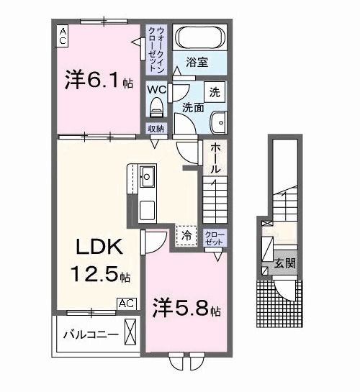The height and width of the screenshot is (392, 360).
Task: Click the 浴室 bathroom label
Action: click(x=197, y=63)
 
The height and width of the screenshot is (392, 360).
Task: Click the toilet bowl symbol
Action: click(x=156, y=106)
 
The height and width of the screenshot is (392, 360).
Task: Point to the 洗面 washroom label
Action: click(x=192, y=109)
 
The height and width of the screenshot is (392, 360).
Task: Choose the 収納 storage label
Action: click(x=156, y=129)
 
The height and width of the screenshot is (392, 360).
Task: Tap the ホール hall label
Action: click(x=215, y=158)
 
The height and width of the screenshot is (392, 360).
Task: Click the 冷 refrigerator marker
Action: click(x=186, y=234)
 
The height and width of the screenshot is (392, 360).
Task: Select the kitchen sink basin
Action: click(x=147, y=176)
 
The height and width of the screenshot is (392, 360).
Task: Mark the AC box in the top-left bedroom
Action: click(x=63, y=35)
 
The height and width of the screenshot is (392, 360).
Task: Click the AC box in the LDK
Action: click(x=126, y=304)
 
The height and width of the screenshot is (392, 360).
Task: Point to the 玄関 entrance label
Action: click(x=283, y=265)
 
